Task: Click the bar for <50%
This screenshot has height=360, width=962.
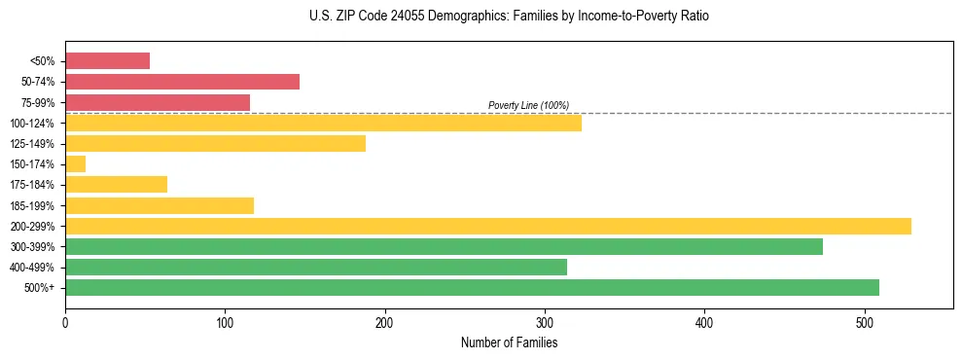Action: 107,60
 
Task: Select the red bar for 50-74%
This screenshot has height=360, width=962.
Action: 182,82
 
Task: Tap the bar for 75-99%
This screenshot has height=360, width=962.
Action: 158,102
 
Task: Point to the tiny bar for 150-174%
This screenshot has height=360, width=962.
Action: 75,164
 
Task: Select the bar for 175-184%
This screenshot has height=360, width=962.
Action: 116,185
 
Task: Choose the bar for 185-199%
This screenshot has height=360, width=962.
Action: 160,205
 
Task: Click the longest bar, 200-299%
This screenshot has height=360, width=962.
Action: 487,226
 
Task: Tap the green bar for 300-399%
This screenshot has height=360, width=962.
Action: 444,246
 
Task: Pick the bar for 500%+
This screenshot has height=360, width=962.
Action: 472,288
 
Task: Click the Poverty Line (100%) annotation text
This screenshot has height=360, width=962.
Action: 528,105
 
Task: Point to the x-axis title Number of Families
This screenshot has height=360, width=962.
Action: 509,342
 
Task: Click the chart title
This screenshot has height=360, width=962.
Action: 509,17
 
